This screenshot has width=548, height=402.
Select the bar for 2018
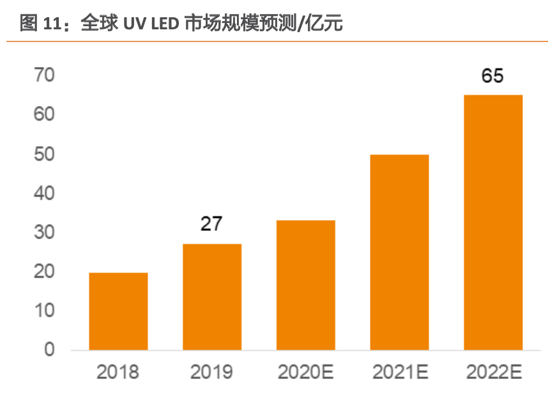pyautogui.click(x=118, y=311)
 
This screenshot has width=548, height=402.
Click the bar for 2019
pyautogui.click(x=212, y=297)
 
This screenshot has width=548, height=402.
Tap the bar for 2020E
pyautogui.click(x=305, y=285)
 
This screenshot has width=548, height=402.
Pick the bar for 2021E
pyautogui.click(x=399, y=252)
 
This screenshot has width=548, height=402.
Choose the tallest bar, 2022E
pyautogui.click(x=492, y=222)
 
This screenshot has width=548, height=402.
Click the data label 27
pyautogui.click(x=212, y=224)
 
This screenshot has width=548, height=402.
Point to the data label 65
pyautogui.click(x=492, y=76)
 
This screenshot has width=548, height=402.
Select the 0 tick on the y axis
pyautogui.click(x=49, y=350)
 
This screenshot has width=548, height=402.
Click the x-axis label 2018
pyautogui.click(x=118, y=372)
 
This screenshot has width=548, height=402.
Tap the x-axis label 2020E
pyautogui.click(x=305, y=372)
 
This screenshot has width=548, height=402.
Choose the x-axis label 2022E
pyautogui.click(x=492, y=372)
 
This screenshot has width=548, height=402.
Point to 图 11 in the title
pyautogui.click(x=40, y=24)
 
